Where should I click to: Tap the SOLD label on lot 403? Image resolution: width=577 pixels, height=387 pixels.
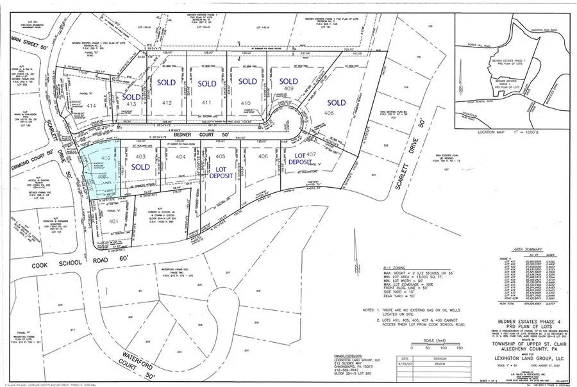(142, 167)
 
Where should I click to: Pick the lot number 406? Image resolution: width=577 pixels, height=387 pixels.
(262, 156)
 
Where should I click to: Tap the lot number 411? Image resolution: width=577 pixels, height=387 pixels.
(206, 103)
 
